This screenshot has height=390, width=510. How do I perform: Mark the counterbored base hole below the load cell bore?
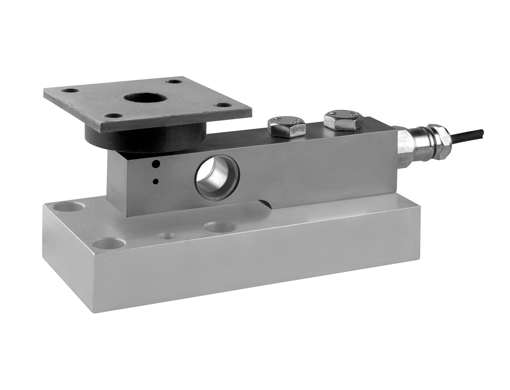click(x=219, y=227)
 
